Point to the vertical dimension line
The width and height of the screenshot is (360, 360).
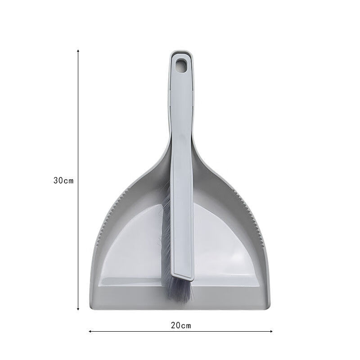pyautogui.click(x=78, y=135)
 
